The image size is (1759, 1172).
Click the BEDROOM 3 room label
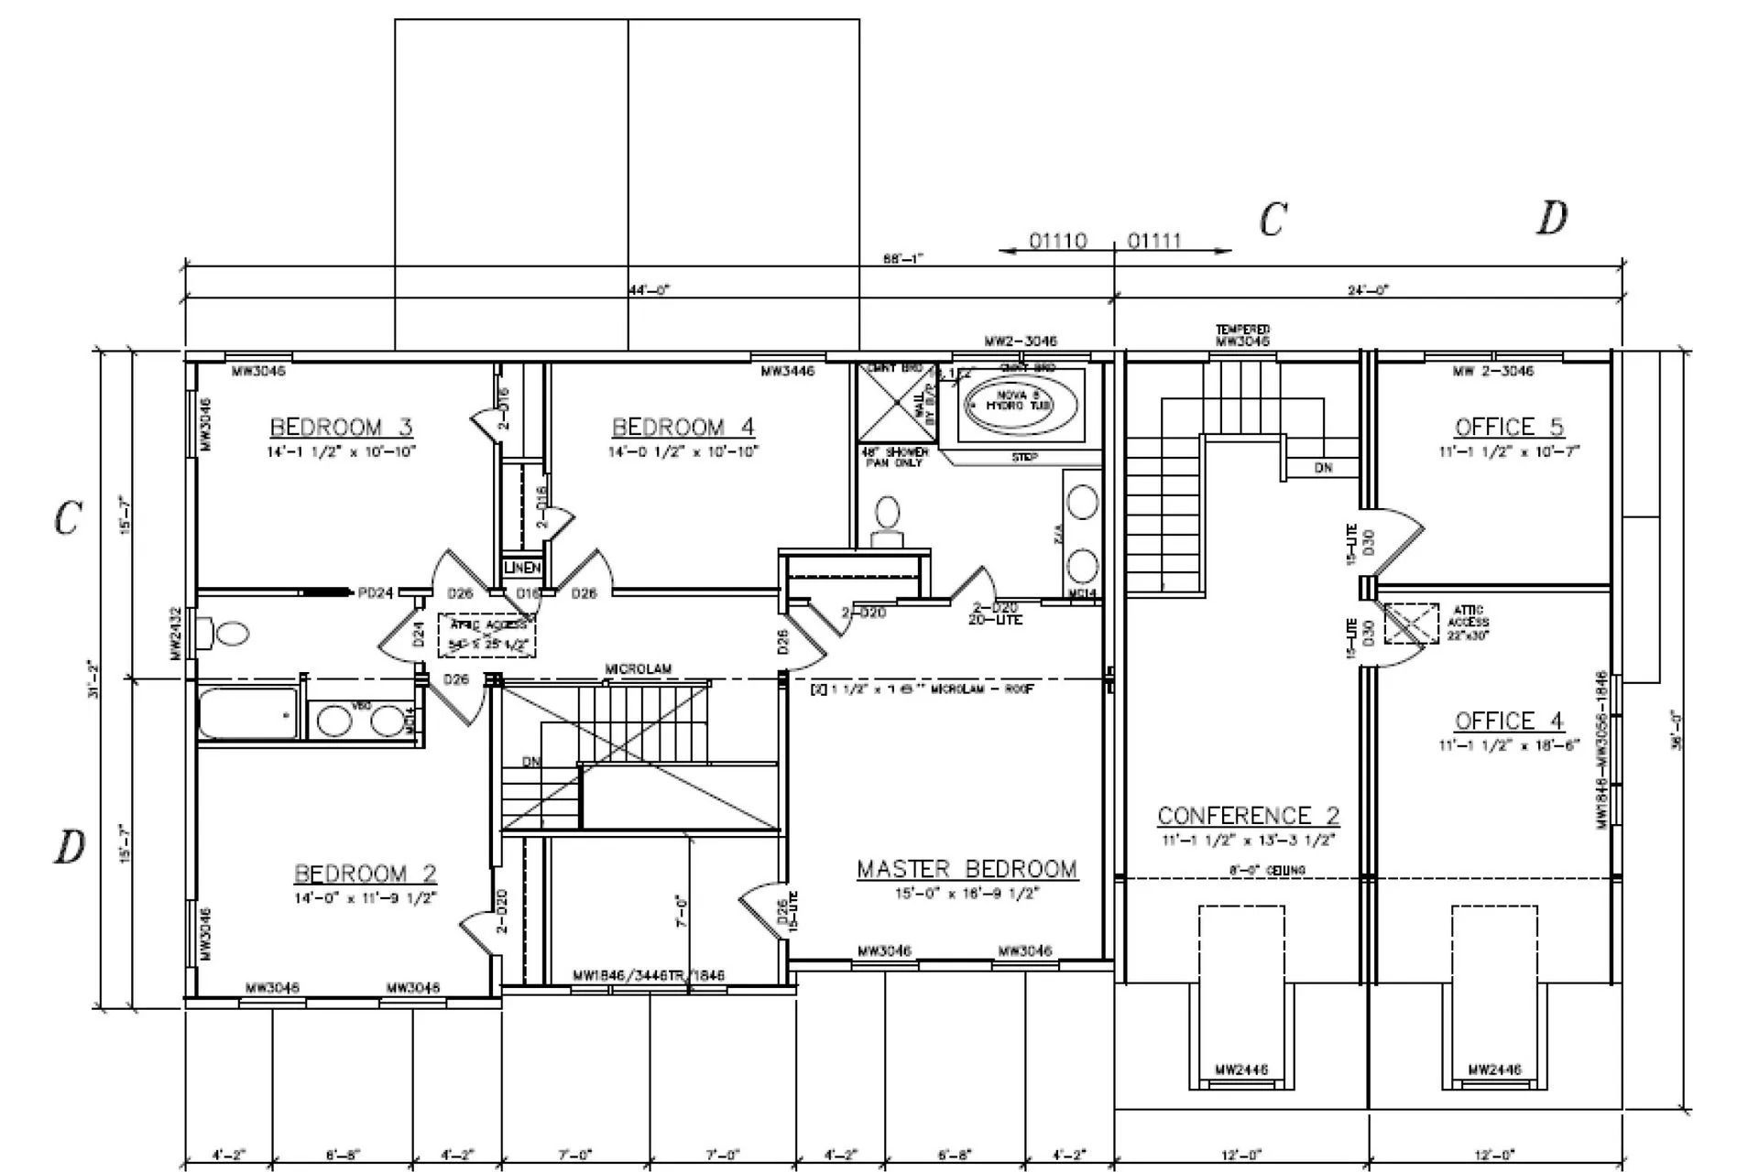click(x=341, y=427)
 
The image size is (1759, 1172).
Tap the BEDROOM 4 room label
click(x=683, y=427)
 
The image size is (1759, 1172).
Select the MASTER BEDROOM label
click(x=967, y=868)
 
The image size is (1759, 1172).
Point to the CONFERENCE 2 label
click(x=1248, y=815)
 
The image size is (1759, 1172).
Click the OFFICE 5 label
click(x=1509, y=427)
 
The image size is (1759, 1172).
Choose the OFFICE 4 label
click(x=1509, y=721)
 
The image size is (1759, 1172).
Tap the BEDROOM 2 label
click(x=365, y=873)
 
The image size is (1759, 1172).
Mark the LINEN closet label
click(x=523, y=569)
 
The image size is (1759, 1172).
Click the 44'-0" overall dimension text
click(x=649, y=290)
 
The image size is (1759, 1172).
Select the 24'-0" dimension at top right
click(x=1368, y=290)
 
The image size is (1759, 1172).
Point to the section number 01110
click(x=1057, y=241)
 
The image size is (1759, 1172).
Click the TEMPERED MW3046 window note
click(x=1242, y=335)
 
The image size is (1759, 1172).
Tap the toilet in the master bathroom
click(x=887, y=520)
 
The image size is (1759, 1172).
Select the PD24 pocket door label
click(x=375, y=593)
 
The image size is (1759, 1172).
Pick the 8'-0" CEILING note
click(x=1267, y=870)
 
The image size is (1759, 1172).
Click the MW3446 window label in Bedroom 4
click(x=787, y=371)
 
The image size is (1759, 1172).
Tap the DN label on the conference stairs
click(x=1323, y=468)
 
